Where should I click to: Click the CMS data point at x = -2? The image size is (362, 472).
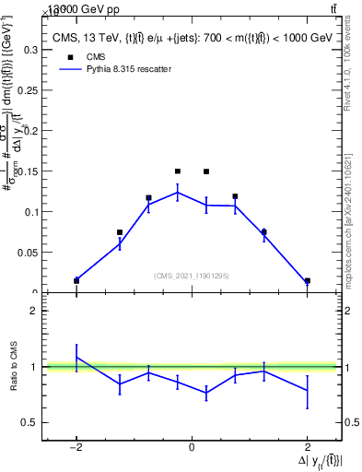76,280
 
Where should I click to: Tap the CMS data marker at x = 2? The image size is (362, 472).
307,280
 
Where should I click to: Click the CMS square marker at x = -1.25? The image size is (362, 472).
120,232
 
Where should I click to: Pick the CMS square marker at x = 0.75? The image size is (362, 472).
235,196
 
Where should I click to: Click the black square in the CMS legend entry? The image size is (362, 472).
69,56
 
